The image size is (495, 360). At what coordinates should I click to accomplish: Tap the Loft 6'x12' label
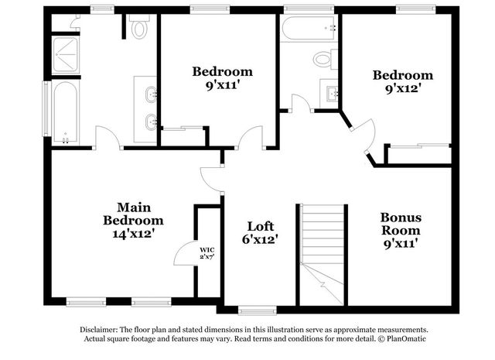pyautogui.click(x=260, y=233)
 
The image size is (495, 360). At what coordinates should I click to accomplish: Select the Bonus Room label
pyautogui.click(x=401, y=224)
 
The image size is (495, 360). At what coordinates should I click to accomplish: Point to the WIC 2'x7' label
pyautogui.click(x=207, y=253)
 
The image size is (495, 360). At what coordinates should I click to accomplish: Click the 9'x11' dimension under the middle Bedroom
pyautogui.click(x=221, y=85)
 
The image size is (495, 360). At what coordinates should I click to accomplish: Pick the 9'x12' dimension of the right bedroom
pyautogui.click(x=404, y=88)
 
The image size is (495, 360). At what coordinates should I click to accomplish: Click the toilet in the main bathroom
pyautogui.click(x=139, y=26)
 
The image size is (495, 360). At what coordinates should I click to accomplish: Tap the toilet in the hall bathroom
pyautogui.click(x=325, y=59)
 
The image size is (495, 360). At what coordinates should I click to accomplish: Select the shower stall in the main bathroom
pyautogui.click(x=65, y=55)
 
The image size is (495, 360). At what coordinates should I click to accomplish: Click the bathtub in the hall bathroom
pyautogui.click(x=309, y=28)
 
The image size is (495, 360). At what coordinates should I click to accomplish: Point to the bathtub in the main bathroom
pyautogui.click(x=65, y=112)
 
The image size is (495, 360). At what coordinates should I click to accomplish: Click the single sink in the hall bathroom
pyautogui.click(x=332, y=93)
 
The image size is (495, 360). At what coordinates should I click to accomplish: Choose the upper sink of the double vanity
pyautogui.click(x=151, y=94)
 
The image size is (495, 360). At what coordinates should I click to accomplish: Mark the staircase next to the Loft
pyautogui.click(x=322, y=255)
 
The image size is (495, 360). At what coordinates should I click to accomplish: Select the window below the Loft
pyautogui.click(x=258, y=310)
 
